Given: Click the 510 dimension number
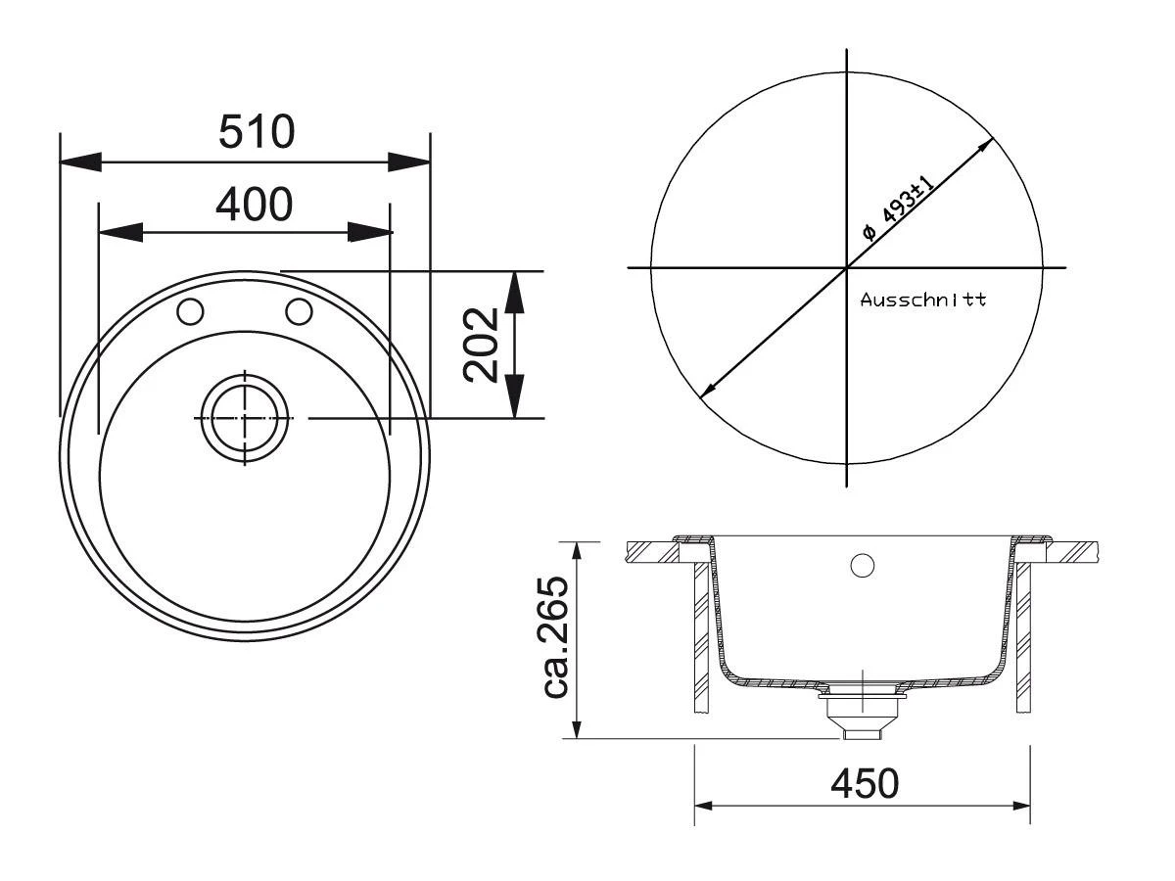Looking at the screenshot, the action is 257,131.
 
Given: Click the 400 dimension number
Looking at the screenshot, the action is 255,205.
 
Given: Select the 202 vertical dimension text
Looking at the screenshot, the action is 481,345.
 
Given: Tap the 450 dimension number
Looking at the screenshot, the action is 865,784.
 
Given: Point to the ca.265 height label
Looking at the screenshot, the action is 554,637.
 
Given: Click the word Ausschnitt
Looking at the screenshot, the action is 923,300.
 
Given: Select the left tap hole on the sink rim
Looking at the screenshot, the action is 190,311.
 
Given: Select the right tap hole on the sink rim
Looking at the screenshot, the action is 299,311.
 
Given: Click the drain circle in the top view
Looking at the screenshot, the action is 245,418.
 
